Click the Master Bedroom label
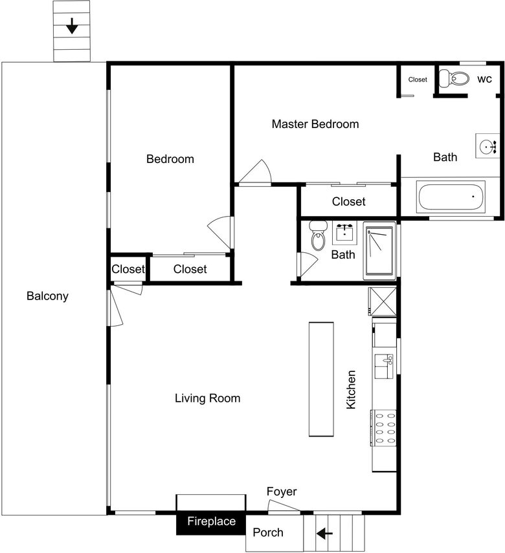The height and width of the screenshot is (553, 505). point(315,124)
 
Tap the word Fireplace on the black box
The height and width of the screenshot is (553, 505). point(211,521)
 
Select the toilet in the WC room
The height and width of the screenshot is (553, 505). point(454,78)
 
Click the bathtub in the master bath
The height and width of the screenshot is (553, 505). point(451,196)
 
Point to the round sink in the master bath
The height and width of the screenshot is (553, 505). point(488,146)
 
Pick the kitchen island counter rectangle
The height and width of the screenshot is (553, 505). point(321,379)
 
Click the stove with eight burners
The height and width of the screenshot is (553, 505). point(383,428)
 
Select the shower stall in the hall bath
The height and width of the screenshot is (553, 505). point(379,251)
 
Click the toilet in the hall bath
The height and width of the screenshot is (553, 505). point(317,235)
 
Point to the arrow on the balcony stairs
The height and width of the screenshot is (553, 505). point(72,26)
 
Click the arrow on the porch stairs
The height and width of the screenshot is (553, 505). point(324,534)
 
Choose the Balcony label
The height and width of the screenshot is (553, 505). point(47,296)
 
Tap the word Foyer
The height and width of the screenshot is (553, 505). point(282,492)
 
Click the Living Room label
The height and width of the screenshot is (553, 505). point(207,398)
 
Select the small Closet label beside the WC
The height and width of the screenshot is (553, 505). point(418,80)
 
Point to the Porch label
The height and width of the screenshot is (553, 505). point(267,532)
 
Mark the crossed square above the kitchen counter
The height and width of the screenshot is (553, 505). point(383,301)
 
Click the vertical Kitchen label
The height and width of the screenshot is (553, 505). point(351,390)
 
